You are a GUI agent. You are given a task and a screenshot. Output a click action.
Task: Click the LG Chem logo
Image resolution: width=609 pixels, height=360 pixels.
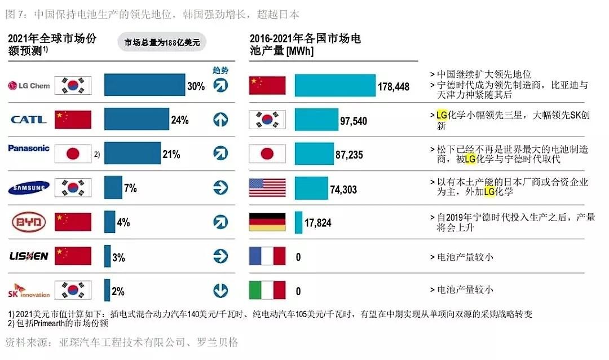pos(29,86)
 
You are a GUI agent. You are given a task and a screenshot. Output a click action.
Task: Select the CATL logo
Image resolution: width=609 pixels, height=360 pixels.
pos(29,120)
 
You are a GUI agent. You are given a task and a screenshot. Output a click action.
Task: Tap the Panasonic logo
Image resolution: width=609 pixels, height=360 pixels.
pos(29,148)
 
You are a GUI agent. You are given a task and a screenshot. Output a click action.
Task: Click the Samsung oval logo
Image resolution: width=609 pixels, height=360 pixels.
pos(29,188)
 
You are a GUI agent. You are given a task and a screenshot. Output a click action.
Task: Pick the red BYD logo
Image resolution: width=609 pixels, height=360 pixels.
pos(29,222)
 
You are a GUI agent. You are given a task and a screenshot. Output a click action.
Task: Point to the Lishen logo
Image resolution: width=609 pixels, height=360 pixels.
pos(29,256)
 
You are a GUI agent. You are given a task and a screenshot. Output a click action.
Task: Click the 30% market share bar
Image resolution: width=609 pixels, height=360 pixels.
pos(144,85)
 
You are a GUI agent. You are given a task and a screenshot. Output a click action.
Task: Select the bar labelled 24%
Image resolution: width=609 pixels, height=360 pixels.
pos(136,120)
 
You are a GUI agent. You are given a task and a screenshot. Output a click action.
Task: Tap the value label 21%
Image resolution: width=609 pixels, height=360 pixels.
pos(171,154)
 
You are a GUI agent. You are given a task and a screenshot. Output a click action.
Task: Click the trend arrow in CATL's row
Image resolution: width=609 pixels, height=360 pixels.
pos(220,120)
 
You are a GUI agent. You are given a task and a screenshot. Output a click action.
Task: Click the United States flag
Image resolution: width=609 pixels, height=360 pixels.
pos(267,188)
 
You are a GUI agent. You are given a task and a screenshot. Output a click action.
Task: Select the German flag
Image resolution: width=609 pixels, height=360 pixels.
pos(267,222)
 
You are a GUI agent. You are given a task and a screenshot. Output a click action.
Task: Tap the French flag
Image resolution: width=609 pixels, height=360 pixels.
pos(267,256)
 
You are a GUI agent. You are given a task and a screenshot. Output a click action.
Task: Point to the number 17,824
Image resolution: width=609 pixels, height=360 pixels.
pos(318,223)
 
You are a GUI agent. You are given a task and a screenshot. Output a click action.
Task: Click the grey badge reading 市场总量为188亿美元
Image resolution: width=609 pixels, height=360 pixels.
pos(162,42)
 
